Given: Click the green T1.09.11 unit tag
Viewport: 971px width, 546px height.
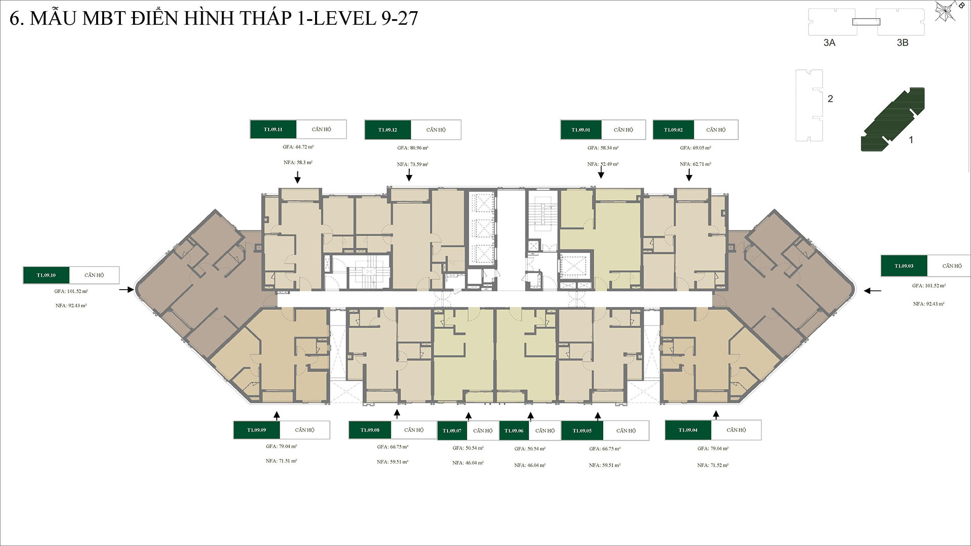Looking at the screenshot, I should [x=273, y=129].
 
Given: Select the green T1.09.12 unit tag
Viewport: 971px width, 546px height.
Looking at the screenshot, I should [x=388, y=130].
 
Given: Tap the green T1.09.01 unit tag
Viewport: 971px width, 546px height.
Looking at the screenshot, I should [x=581, y=130].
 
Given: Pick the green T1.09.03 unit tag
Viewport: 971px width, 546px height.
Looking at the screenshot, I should [x=904, y=266].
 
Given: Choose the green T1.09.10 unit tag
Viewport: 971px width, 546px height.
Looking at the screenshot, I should [x=46, y=276].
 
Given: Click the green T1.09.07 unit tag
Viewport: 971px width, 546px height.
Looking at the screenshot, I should [x=452, y=431].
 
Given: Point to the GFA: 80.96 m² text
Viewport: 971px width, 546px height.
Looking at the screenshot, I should [x=413, y=148].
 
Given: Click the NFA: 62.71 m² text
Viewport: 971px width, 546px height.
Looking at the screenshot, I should [x=695, y=164].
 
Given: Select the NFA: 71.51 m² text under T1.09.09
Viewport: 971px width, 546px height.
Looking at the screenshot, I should [x=281, y=461].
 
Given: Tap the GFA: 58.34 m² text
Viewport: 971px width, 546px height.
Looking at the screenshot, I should [x=603, y=148].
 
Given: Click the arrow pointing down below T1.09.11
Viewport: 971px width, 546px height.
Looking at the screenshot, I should [x=297, y=177].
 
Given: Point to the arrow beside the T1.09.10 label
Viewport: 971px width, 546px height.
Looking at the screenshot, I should [x=126, y=290].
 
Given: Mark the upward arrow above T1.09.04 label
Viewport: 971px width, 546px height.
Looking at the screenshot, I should [x=716, y=415].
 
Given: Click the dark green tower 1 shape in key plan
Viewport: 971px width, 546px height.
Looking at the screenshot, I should [x=893, y=120].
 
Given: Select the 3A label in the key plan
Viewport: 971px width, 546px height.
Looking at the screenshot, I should [x=829, y=43].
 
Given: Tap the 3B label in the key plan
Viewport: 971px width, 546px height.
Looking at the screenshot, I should [x=902, y=43].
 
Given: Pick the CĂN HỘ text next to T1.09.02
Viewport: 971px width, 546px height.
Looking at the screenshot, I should [x=716, y=130].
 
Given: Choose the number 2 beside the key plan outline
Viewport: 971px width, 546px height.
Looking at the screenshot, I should [x=830, y=99].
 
